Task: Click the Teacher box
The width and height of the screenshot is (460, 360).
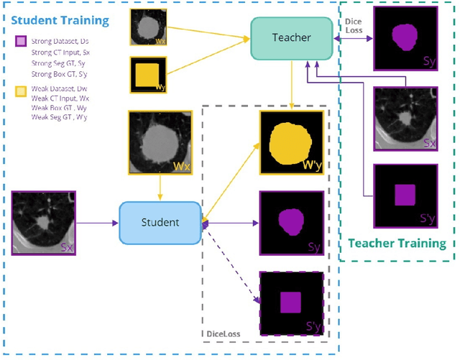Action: click(291, 38)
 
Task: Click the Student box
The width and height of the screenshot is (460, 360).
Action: click(160, 222)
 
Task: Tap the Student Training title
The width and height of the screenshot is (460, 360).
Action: click(61, 19)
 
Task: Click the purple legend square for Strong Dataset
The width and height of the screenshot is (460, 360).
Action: click(21, 41)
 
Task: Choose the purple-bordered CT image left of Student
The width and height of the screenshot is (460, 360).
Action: click(45, 223)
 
